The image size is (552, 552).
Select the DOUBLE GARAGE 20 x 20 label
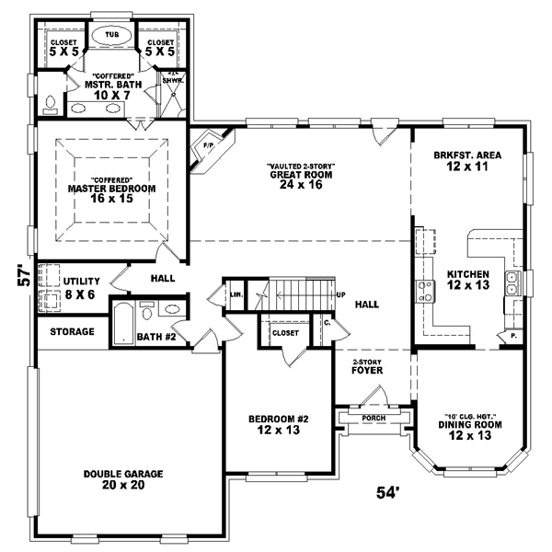122,479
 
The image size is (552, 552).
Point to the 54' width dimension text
388,493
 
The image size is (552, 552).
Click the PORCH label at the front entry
374,418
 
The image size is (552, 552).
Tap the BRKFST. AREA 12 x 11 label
467,162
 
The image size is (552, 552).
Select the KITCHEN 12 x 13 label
468,280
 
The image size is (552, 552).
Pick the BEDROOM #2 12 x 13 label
278,425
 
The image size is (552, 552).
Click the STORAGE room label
72,331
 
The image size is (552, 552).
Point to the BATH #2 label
156,338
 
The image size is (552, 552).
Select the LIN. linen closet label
236,294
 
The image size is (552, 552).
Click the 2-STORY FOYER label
367,367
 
